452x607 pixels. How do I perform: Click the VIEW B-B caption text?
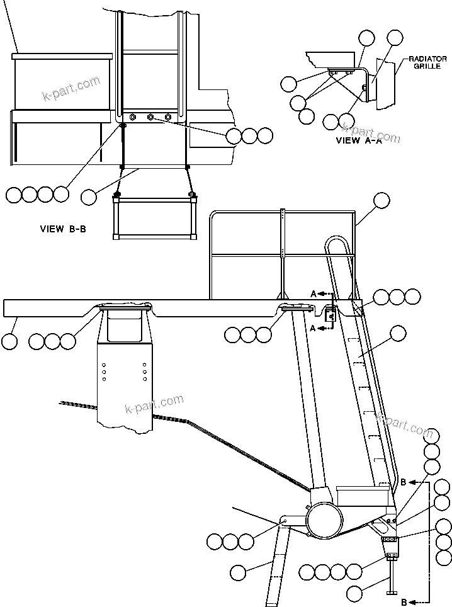point(62,229)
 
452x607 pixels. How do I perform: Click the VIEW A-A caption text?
point(358,141)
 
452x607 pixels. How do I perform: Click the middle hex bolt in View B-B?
point(150,117)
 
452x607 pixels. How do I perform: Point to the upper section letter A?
point(313,293)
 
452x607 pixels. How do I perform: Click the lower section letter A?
point(313,328)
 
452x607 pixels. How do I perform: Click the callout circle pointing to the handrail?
point(381,201)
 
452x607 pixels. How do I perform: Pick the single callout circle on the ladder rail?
point(398,334)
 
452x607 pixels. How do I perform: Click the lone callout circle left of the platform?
point(9,341)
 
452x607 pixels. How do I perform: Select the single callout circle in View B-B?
point(89,196)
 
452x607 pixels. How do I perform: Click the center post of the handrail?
point(283,252)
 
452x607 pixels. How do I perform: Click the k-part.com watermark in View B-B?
point(71,88)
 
